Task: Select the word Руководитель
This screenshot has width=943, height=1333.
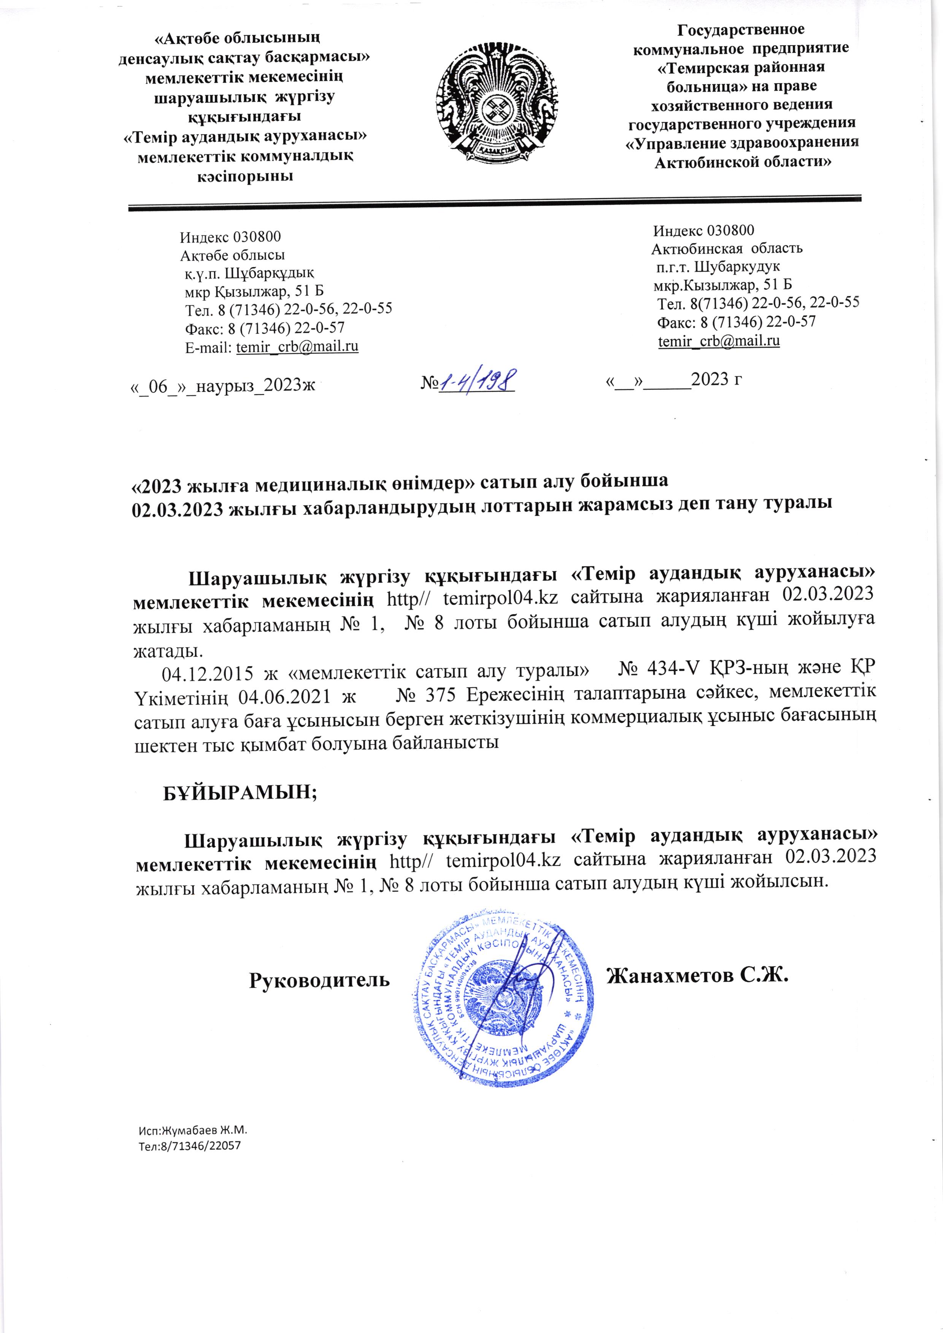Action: tap(319, 980)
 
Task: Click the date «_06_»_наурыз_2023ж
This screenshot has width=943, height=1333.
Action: tap(222, 385)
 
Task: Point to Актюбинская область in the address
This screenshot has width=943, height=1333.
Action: tap(726, 249)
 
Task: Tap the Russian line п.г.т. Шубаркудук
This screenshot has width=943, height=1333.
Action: tap(718, 266)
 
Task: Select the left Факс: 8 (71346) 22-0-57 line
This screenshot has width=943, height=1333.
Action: tap(264, 328)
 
